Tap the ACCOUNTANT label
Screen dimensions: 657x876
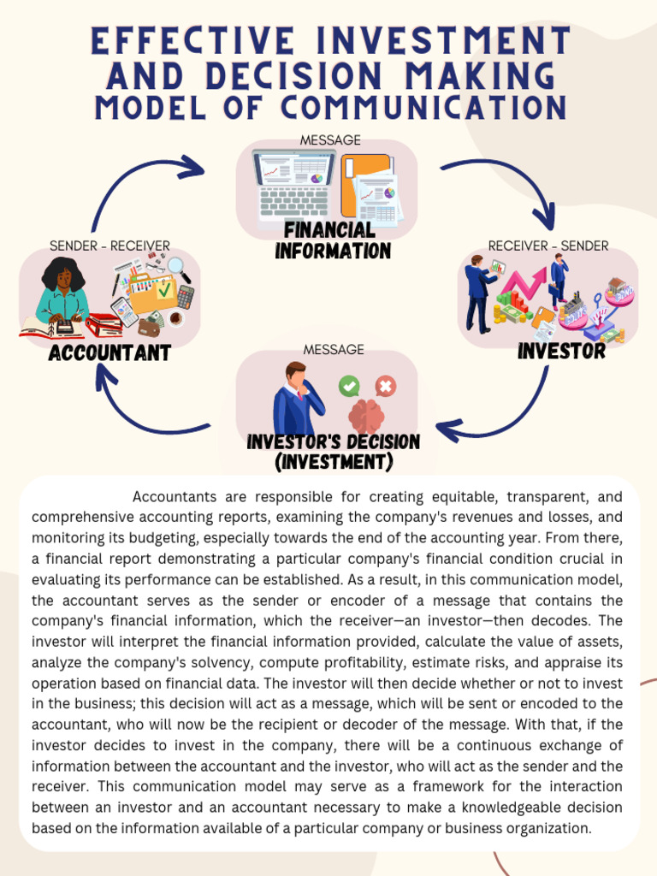pyautogui.click(x=109, y=352)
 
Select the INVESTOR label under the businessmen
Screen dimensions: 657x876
pyautogui.click(x=561, y=351)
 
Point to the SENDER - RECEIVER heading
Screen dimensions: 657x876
pyautogui.click(x=109, y=246)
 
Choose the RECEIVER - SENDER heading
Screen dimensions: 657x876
pyautogui.click(x=548, y=246)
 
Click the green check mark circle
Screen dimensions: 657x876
pyautogui.click(x=349, y=387)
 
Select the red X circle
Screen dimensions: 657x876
pyautogui.click(x=385, y=387)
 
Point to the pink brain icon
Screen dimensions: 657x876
pyautogui.click(x=366, y=416)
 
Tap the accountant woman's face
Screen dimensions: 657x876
pyautogui.click(x=63, y=279)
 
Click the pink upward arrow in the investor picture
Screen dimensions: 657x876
pyautogui.click(x=524, y=283)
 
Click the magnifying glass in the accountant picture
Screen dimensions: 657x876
pyautogui.click(x=179, y=269)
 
